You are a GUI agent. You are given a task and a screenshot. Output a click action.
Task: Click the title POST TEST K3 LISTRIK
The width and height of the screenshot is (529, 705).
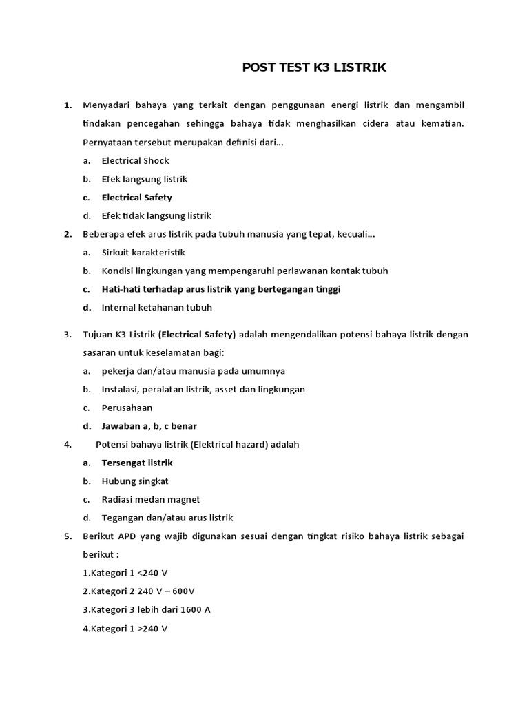pos(314,67)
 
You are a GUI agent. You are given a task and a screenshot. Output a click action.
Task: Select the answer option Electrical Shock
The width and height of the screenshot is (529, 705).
pos(135,160)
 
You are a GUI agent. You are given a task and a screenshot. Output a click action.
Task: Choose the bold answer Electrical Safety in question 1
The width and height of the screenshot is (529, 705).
pos(136,198)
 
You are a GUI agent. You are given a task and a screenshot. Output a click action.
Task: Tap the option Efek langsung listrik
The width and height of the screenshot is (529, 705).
pos(145,179)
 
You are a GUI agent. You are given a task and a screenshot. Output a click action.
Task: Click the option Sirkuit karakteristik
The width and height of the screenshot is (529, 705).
pos(143,253)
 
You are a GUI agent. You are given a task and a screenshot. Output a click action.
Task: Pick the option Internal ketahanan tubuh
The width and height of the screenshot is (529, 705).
pos(156,308)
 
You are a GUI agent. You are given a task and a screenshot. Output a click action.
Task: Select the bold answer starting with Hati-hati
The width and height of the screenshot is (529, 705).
pos(220,289)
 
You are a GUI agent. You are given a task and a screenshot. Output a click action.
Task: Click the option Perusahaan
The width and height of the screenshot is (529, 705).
pos(127,408)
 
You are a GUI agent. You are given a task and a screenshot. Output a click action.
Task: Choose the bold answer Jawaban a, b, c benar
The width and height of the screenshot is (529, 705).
pos(149,426)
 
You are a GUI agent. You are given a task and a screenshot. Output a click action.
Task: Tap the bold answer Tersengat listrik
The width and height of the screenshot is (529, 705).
pos(137,463)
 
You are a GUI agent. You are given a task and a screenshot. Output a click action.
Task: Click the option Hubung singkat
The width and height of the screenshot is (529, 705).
pos(135,481)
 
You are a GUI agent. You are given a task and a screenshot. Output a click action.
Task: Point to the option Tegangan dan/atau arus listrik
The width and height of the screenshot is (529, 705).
pos(167,518)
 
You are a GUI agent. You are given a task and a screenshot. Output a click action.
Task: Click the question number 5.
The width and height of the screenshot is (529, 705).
pos(68,536)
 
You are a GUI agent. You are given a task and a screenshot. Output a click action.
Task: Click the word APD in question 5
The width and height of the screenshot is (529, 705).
pos(127,536)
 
